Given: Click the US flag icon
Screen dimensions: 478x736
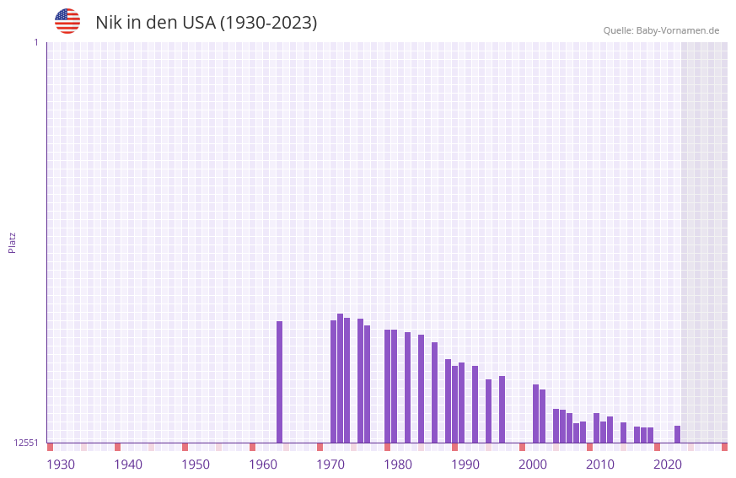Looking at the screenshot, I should pyautogui.click(x=67, y=21).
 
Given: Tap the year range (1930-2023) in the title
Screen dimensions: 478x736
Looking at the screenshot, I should pyautogui.click(x=268, y=23).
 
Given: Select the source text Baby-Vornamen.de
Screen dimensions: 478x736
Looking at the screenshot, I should pyautogui.click(x=677, y=30).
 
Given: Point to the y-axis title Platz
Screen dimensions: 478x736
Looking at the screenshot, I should pyautogui.click(x=12, y=242).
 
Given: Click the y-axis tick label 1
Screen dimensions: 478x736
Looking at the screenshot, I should pyautogui.click(x=35, y=42).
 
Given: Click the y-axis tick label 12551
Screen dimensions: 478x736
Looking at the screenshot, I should pyautogui.click(x=26, y=443).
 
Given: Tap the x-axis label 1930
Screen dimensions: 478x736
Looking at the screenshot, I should pyautogui.click(x=61, y=465).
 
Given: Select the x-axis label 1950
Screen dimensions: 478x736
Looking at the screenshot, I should pyautogui.click(x=196, y=465).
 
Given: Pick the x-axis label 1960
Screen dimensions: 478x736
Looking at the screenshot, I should pyautogui.click(x=263, y=465).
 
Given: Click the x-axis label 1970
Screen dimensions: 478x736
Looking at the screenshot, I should pyautogui.click(x=330, y=465).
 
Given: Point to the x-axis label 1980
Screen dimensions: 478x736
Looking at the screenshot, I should pyautogui.click(x=398, y=465).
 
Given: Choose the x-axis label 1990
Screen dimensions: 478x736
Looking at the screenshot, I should pyautogui.click(x=465, y=465).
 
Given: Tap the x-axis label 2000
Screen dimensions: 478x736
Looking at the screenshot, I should pyautogui.click(x=533, y=465).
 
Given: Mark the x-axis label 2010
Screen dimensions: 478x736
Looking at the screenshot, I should pyautogui.click(x=600, y=465).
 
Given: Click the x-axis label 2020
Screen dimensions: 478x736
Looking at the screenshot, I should pyautogui.click(x=668, y=465).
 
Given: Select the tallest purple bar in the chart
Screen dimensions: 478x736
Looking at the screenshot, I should pyautogui.click(x=340, y=378).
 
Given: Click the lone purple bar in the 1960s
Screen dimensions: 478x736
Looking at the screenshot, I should pyautogui.click(x=279, y=382).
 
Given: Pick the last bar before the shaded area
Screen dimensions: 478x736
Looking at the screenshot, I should pyautogui.click(x=677, y=434).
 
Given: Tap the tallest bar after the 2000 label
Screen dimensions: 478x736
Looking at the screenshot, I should pyautogui.click(x=535, y=413).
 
